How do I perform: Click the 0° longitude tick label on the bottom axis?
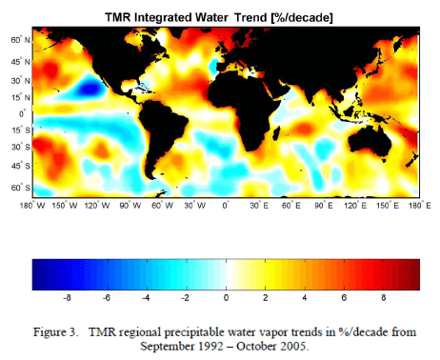click(x=227, y=204)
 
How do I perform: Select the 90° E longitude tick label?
click(x=323, y=204)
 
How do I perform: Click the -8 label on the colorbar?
click(x=66, y=299)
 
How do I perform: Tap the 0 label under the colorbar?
click(x=225, y=299)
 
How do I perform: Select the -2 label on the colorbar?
click(x=185, y=299)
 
